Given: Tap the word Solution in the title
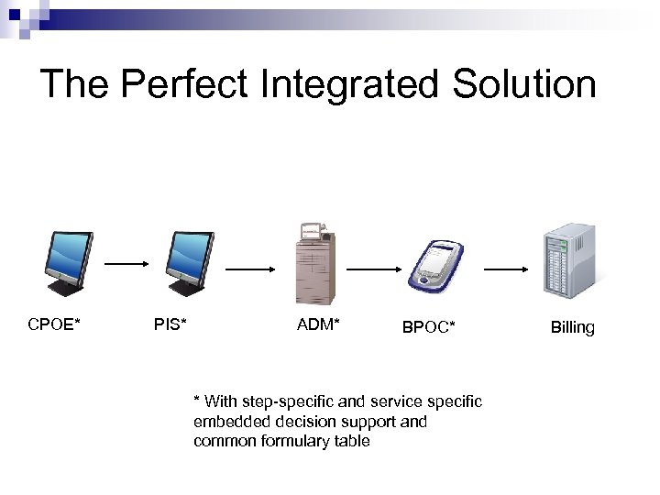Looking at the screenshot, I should [528, 84].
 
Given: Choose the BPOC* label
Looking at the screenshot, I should [428, 326].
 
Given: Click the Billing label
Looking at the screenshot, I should [572, 327].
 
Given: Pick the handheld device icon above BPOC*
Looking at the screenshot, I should [434, 268].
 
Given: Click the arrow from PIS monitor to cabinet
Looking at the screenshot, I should [250, 269].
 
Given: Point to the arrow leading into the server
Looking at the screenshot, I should [504, 269].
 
